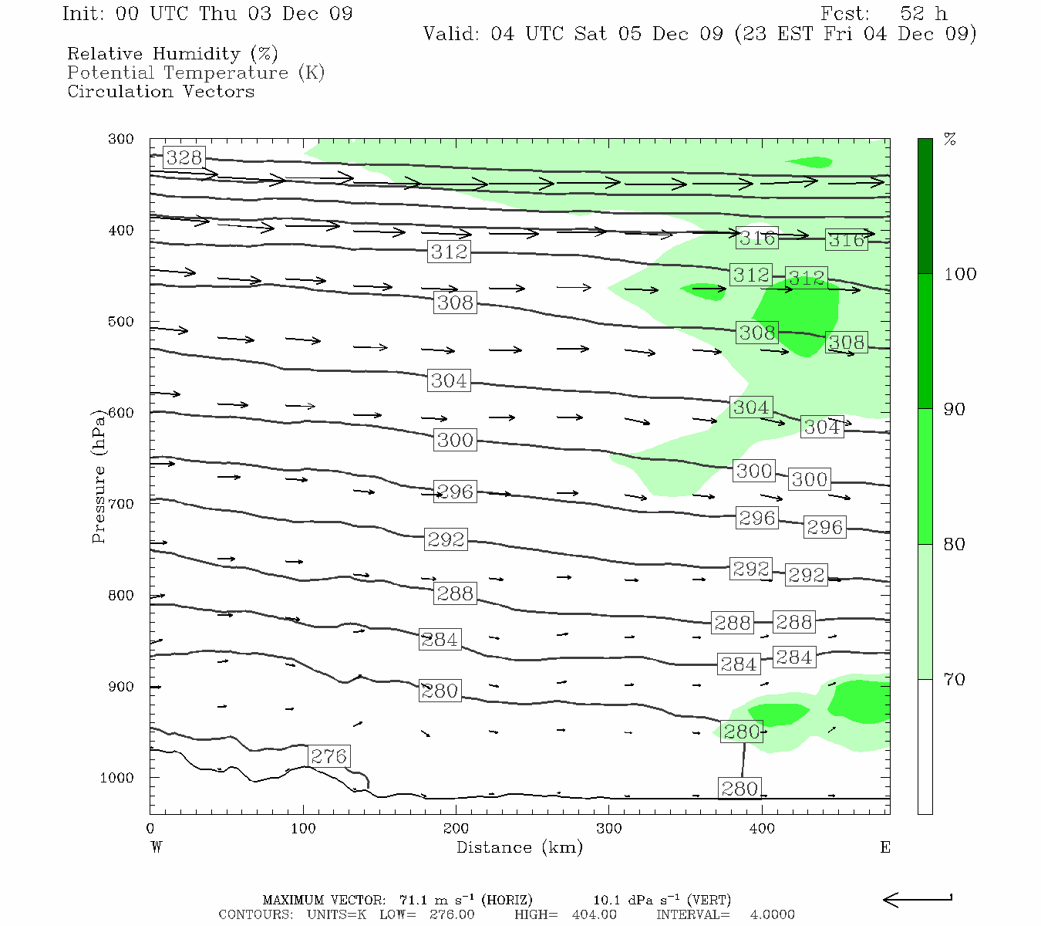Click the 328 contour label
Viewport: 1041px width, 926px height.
click(x=184, y=158)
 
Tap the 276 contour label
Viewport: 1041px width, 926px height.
click(x=328, y=756)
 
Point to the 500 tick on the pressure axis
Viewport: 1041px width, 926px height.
click(x=121, y=322)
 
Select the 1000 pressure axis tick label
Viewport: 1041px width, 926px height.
click(x=117, y=778)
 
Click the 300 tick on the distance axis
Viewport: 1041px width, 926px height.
click(x=609, y=829)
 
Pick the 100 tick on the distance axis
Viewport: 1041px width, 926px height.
click(x=303, y=829)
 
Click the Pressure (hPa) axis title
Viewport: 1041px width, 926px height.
click(x=98, y=476)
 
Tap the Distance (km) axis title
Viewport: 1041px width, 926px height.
click(x=520, y=847)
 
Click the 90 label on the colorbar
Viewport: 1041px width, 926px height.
click(x=955, y=410)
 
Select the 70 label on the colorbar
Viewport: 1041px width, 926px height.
click(x=955, y=680)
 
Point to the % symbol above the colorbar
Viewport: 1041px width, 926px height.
click(x=950, y=140)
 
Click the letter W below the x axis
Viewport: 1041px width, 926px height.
click(x=157, y=847)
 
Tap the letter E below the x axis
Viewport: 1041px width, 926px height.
click(x=885, y=847)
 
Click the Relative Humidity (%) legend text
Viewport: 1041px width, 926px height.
click(x=173, y=54)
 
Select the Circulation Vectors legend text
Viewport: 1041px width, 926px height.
click(x=160, y=92)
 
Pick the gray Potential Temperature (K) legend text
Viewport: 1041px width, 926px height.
click(x=196, y=73)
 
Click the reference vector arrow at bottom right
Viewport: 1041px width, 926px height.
click(x=918, y=899)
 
